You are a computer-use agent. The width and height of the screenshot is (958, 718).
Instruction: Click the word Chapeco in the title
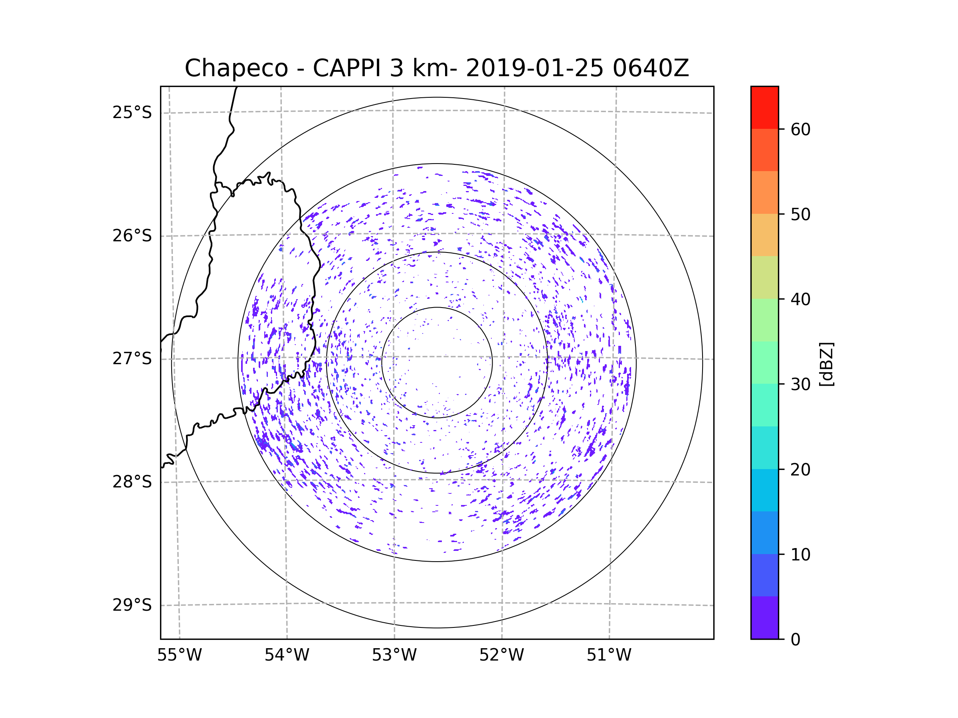point(236,68)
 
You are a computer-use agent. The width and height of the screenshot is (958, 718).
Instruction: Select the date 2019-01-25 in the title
point(534,68)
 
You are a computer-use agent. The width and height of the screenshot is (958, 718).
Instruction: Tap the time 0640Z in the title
point(651,68)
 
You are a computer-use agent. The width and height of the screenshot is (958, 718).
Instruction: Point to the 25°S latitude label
point(132,113)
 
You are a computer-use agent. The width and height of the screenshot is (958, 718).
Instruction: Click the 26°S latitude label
point(132,236)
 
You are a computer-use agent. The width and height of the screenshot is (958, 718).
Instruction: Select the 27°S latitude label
point(132,359)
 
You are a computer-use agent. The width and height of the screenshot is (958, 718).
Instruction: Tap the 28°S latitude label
point(132,482)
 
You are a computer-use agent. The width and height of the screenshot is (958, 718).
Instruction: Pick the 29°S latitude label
point(132,606)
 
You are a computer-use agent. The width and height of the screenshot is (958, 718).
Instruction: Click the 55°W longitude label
point(179,655)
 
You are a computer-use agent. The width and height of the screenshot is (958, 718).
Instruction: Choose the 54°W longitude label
point(287,655)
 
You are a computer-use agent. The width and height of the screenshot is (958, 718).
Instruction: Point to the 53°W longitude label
point(394,655)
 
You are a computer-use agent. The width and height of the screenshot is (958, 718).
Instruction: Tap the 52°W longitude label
point(501,655)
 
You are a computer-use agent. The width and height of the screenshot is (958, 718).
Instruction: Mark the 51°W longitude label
point(609,655)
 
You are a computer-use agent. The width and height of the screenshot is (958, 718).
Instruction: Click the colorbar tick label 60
point(800,129)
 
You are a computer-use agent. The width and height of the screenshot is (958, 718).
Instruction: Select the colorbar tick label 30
point(800,384)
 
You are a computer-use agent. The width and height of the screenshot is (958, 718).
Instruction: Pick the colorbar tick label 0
point(796,640)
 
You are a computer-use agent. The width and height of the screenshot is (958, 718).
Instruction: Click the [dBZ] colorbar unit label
point(826,364)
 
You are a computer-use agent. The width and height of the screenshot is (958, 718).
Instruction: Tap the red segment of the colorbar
point(764,107)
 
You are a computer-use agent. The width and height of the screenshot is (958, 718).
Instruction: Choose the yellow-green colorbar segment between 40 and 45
point(764,277)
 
